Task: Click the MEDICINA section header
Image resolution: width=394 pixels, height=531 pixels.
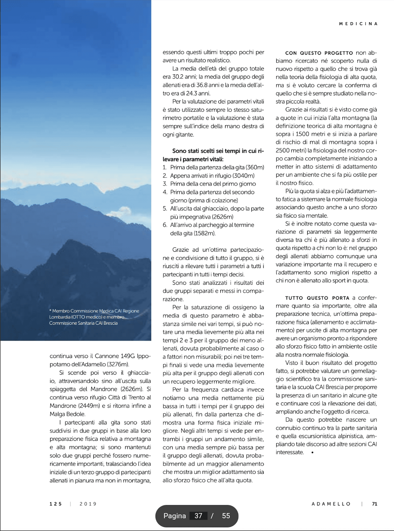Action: [x=358, y=24]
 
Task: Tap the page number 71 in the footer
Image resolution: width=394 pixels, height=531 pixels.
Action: [x=375, y=504]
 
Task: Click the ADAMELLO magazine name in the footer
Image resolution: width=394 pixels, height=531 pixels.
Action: [x=331, y=504]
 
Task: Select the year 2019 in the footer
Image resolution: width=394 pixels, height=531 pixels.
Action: [x=88, y=504]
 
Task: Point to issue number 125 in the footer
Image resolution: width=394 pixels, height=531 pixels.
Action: [x=56, y=504]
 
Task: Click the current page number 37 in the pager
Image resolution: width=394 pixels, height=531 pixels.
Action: [x=198, y=516]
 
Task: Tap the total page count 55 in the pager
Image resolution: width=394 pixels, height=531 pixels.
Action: [x=226, y=516]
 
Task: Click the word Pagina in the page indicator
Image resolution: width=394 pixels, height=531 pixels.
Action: [x=175, y=516]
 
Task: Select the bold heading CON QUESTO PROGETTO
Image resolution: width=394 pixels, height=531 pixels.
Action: [x=319, y=53]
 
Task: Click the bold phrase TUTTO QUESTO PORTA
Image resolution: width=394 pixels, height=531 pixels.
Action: [x=317, y=298]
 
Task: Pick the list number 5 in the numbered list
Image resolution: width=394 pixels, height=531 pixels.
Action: [x=165, y=209]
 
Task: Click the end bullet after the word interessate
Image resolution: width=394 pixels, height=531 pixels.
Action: [x=312, y=452]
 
